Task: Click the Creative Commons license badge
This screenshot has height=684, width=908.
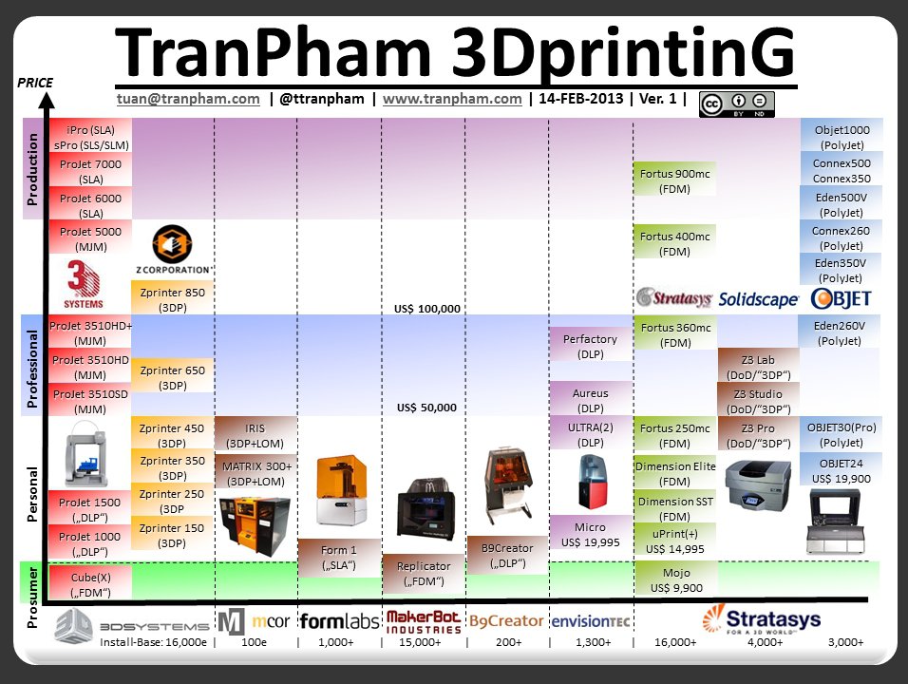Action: coord(737,104)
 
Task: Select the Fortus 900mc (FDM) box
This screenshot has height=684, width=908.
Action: coord(674,180)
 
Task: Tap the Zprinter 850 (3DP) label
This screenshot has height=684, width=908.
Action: coord(173,300)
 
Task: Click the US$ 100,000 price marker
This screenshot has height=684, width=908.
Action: coord(426,309)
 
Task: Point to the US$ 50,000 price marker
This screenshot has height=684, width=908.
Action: coord(426,408)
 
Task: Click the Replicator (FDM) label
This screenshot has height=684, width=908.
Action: coord(423,573)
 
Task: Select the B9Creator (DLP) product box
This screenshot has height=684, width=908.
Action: coord(507,556)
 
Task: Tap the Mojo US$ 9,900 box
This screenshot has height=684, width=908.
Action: coord(674,580)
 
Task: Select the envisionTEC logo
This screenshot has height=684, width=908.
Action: coord(590,622)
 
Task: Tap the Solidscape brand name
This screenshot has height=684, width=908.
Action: coord(758,299)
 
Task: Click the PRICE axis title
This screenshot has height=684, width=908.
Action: coord(35,84)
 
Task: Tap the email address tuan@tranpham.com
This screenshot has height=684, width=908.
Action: coord(188,98)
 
